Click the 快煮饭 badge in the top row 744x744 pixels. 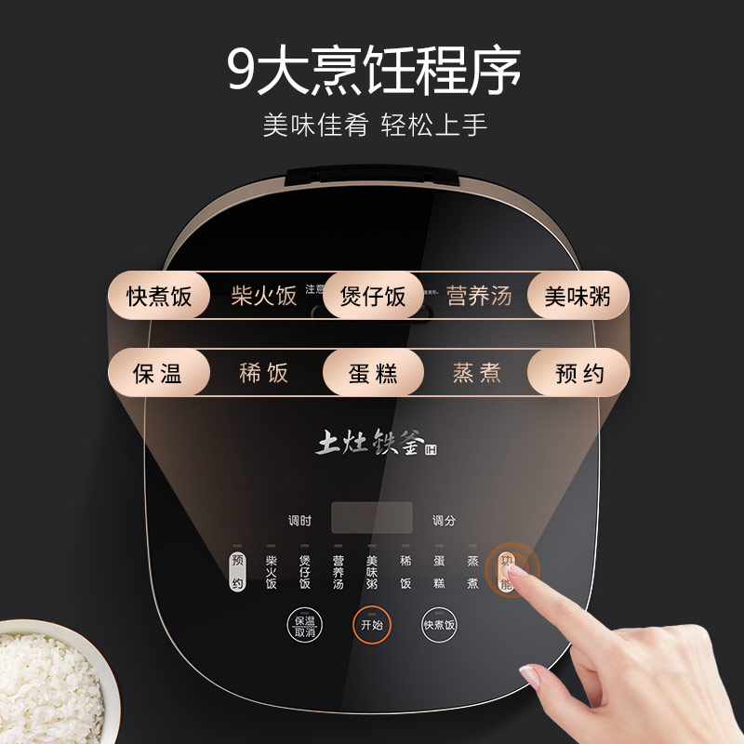160,297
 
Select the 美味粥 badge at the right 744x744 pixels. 578,297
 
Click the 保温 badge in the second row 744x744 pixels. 158,374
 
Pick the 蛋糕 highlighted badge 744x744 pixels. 373,374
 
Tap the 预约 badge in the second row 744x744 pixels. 578,374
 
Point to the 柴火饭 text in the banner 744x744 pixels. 264,297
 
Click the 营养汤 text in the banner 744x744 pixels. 479,297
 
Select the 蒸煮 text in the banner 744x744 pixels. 477,374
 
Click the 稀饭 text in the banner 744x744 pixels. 264,374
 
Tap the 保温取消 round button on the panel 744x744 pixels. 304,626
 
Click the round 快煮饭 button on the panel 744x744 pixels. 440,626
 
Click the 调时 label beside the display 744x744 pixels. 299,521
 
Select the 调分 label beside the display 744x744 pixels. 444,521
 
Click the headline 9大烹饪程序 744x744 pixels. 373,69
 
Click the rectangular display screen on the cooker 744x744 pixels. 372,518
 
